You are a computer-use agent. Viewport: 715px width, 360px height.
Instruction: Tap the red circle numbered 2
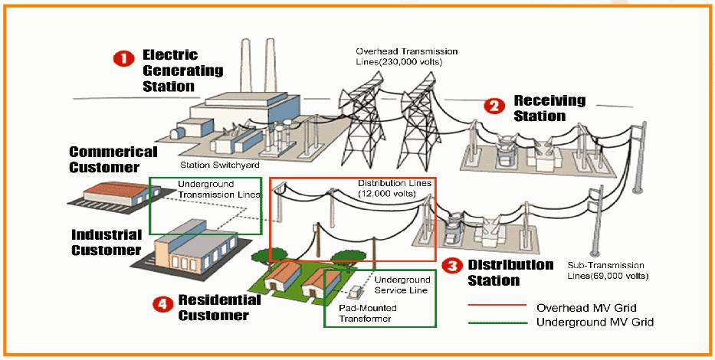click(x=496, y=106)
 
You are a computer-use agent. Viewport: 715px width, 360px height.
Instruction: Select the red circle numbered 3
click(x=453, y=267)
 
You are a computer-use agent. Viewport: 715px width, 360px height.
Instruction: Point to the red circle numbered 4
click(x=161, y=304)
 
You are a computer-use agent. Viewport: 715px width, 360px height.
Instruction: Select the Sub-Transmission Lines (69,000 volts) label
click(x=608, y=268)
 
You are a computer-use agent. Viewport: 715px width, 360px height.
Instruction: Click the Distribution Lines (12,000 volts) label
click(x=387, y=188)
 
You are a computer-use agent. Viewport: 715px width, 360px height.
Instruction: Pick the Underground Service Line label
click(x=402, y=285)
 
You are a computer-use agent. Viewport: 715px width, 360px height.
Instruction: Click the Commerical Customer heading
click(x=113, y=159)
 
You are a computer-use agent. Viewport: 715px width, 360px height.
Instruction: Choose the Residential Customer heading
click(x=213, y=306)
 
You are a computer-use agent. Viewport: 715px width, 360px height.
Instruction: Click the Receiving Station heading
click(x=549, y=108)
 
